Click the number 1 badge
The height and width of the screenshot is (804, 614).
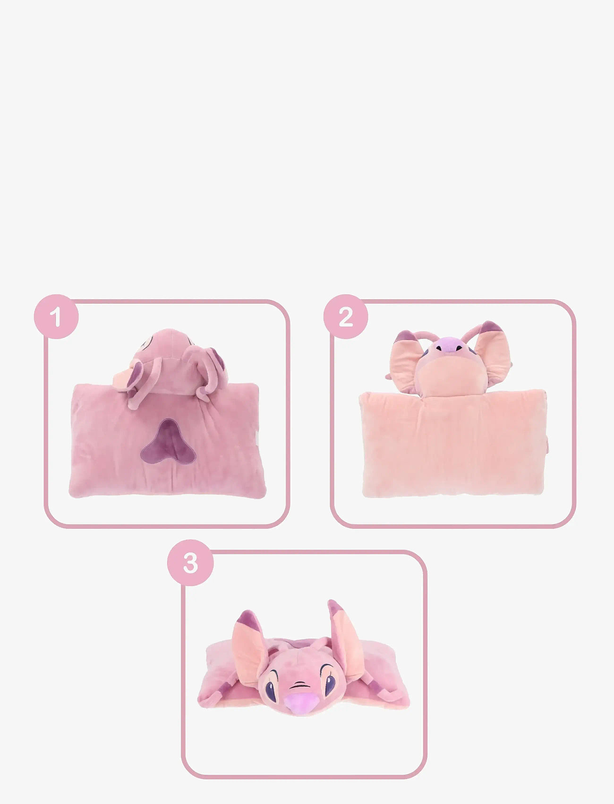[56, 316]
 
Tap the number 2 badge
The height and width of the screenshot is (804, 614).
[346, 316]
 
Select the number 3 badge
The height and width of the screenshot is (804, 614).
[190, 563]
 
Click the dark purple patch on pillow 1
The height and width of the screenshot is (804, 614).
[168, 442]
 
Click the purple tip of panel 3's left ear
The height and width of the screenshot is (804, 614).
[247, 618]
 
